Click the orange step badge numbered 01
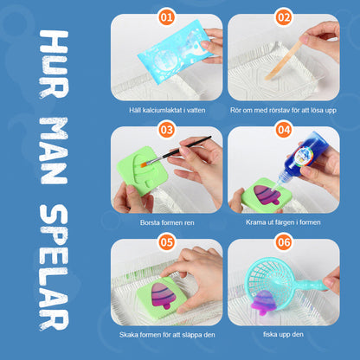pyautogui.click(x=166, y=17)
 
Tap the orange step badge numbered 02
pyautogui.click(x=283, y=17)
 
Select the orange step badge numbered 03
pyautogui.click(x=166, y=130)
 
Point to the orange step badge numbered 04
pyautogui.click(x=283, y=130)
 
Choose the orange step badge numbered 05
pyautogui.click(x=166, y=242)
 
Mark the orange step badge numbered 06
pyautogui.click(x=283, y=242)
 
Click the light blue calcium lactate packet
pyautogui.click(x=174, y=51)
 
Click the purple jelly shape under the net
pyautogui.click(x=263, y=302)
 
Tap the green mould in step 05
pyautogui.click(x=162, y=297)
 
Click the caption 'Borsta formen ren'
pyautogui.click(x=167, y=222)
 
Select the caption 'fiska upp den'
pyautogui.click(x=283, y=334)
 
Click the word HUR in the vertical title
pyautogui.click(x=54, y=64)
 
